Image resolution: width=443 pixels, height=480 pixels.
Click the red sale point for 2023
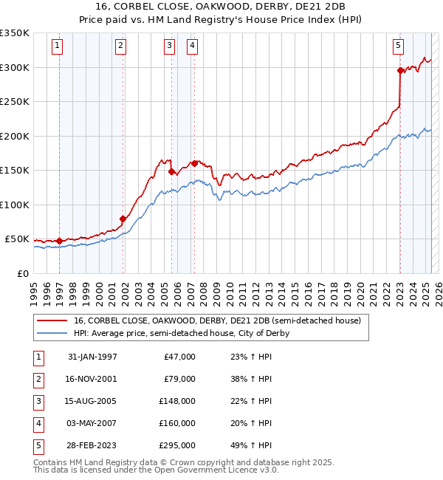pyautogui.click(x=400, y=71)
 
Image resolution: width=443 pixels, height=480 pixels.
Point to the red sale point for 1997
pyautogui.click(x=59, y=241)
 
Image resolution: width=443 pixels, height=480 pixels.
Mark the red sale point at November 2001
pyautogui.click(x=123, y=219)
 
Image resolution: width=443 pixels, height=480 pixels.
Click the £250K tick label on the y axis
pyautogui.click(x=14, y=102)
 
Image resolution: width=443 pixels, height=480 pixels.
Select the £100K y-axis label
pyautogui.click(x=14, y=205)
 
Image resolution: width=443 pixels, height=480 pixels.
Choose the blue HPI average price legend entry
pyautogui.click(x=181, y=333)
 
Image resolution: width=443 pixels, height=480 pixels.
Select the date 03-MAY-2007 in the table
pyautogui.click(x=92, y=423)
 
